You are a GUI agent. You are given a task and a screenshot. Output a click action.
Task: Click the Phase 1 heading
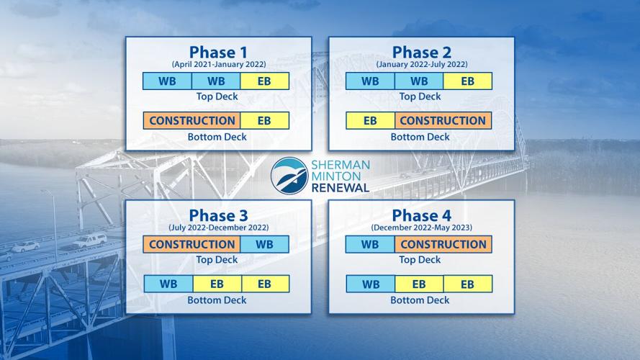(x=218, y=52)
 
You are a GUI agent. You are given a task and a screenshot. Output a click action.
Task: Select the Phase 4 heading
(x=420, y=215)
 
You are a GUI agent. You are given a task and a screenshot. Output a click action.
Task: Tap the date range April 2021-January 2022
(x=218, y=63)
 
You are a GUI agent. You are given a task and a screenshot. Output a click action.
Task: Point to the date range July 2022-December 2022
(x=218, y=227)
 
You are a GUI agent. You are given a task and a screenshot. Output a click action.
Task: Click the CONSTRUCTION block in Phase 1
(x=192, y=121)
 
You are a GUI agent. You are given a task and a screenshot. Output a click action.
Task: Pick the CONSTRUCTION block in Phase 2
(x=443, y=121)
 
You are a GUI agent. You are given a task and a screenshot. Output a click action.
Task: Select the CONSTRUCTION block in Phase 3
(x=192, y=244)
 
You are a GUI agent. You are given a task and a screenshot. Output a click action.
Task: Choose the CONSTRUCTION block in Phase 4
(x=443, y=244)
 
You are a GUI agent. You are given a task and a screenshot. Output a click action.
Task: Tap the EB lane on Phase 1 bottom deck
(x=265, y=121)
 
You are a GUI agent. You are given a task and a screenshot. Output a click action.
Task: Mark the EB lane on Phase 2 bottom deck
(x=371, y=121)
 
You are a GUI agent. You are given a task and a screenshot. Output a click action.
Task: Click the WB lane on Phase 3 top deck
(x=265, y=244)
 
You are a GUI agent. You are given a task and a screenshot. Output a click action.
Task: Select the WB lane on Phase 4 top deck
(x=370, y=244)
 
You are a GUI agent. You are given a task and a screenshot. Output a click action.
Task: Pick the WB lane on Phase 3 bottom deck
(x=168, y=284)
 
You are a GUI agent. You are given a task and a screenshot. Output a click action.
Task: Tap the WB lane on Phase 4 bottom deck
(x=370, y=284)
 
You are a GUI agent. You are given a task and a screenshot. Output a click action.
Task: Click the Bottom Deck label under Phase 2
(x=420, y=137)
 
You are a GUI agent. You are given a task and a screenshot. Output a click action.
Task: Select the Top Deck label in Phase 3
(x=217, y=260)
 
